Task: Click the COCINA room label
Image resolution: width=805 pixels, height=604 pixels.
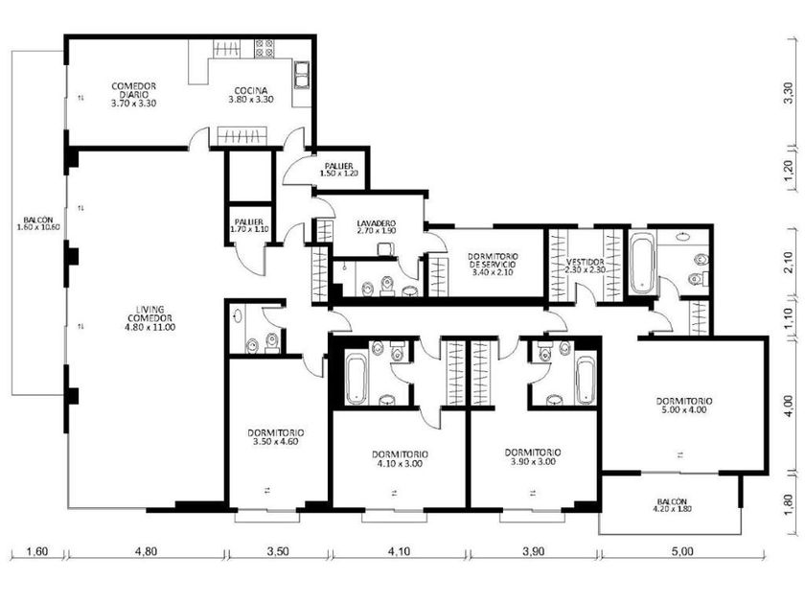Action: coord(250,95)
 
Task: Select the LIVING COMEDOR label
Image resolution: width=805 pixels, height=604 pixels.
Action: coord(149,318)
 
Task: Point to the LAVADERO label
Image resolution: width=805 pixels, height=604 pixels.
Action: coord(377,227)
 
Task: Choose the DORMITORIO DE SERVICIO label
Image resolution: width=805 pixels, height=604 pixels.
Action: coord(493,264)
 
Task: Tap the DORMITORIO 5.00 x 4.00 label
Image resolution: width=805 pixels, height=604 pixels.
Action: coord(684,406)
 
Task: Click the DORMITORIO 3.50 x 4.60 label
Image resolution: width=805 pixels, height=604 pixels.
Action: coord(276,437)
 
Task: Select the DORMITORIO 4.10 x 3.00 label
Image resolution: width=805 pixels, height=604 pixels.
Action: coord(400,458)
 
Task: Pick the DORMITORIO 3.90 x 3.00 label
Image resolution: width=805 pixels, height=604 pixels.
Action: coord(533,456)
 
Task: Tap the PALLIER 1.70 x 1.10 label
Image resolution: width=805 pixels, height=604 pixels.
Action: coord(249,226)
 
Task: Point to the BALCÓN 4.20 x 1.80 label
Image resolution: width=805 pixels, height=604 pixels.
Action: coord(672,505)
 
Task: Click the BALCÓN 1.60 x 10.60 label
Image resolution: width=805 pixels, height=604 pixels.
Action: coord(38,223)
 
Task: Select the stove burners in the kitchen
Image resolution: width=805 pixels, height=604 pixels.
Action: coord(264,48)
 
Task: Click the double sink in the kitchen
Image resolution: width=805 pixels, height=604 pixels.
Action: coord(301,75)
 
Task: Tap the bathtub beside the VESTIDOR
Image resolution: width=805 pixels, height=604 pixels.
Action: coord(642,263)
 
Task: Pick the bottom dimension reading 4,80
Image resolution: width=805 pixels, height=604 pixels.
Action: coord(146,551)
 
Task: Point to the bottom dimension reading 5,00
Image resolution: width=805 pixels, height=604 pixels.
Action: coord(682,551)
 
